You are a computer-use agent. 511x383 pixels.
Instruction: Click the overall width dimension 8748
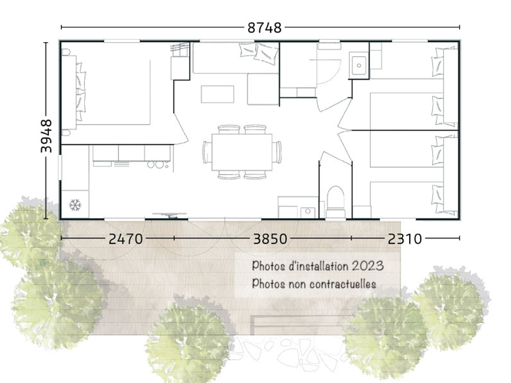[x=264, y=28]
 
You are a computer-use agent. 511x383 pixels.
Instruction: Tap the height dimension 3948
[x=46, y=136]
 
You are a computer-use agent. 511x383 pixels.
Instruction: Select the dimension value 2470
[x=126, y=239]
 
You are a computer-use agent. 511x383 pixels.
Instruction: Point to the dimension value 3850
[x=270, y=239]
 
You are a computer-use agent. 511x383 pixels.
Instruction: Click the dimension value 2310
[x=405, y=239]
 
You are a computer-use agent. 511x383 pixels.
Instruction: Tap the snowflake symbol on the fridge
[x=75, y=205]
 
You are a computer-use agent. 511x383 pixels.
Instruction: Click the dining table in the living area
[x=242, y=152]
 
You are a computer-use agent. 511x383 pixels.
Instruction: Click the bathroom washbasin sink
[x=359, y=65]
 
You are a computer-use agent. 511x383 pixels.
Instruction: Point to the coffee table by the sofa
[x=217, y=94]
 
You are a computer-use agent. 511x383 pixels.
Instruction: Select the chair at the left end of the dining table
[x=207, y=152]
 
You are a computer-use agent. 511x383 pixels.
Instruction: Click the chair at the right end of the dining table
[x=277, y=152]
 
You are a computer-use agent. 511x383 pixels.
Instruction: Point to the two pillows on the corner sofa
[x=259, y=53]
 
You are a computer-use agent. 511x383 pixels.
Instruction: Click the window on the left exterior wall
[x=60, y=167]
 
